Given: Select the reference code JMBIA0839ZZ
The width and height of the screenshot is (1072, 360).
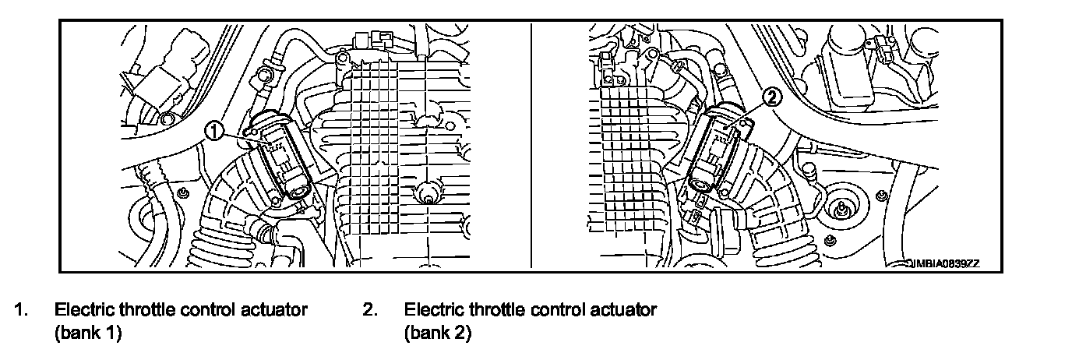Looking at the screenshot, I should click(x=942, y=264).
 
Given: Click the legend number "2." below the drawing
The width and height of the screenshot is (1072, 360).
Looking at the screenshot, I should click(x=371, y=310).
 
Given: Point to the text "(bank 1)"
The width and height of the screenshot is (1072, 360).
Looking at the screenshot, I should click(x=88, y=333).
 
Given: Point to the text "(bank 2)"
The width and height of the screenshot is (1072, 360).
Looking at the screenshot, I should click(x=438, y=333).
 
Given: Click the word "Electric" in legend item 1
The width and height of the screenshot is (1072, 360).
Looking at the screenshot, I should click(x=83, y=310).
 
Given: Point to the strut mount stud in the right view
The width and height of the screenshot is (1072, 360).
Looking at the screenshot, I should click(x=841, y=209).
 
